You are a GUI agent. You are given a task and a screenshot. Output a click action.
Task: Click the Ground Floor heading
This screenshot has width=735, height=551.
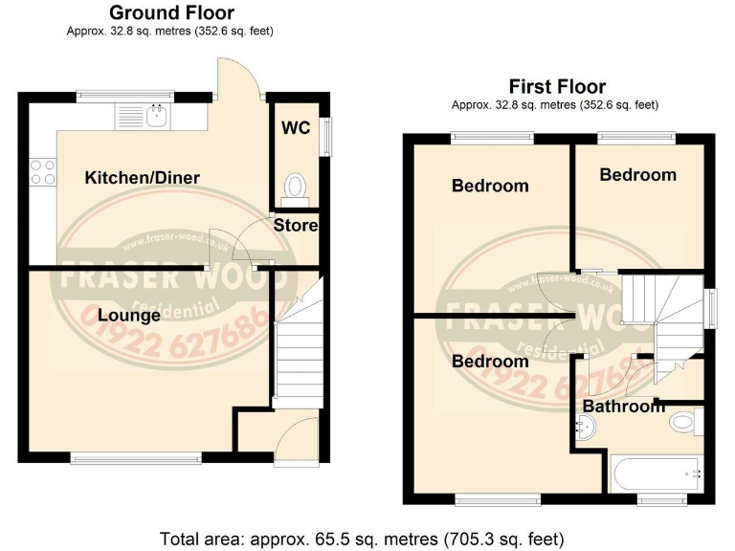(x=171, y=12)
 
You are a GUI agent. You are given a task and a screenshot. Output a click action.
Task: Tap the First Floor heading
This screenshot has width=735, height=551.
(x=557, y=86)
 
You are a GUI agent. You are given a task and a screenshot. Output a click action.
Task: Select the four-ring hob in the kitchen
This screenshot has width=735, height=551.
(x=43, y=171)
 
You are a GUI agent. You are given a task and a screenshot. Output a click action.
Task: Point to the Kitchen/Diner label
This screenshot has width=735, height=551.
(x=142, y=178)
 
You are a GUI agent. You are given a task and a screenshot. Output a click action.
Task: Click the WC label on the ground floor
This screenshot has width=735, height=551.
(x=296, y=127)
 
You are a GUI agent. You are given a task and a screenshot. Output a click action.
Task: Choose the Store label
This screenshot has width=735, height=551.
(x=296, y=226)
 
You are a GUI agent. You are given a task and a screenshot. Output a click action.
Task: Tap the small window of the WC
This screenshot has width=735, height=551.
(x=325, y=135)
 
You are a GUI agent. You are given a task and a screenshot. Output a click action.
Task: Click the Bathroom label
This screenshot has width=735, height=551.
(x=623, y=407)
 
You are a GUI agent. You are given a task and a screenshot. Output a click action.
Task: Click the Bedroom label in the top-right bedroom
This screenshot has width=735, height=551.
(x=637, y=174)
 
